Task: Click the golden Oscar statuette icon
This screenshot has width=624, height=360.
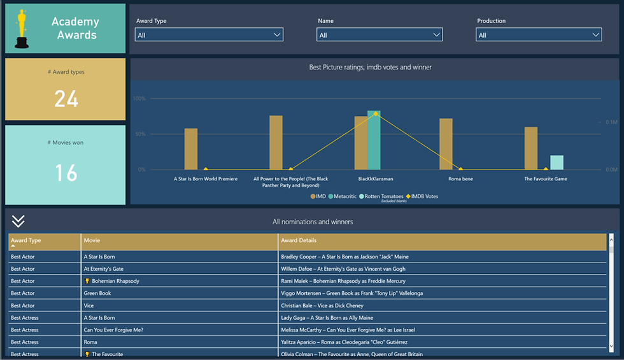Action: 22,29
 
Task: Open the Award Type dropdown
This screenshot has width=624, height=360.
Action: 209,35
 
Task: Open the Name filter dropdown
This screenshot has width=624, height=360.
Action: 379,35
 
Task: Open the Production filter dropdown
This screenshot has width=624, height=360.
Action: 538,35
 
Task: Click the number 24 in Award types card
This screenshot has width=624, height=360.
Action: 66,99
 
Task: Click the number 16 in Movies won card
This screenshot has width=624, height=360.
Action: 66,173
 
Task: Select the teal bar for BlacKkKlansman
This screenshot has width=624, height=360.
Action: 374,140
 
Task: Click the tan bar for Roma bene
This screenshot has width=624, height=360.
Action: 446,144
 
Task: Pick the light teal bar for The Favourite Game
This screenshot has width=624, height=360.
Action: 557,162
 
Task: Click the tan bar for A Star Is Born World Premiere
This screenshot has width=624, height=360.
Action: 191,149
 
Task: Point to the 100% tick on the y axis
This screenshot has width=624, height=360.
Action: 139,99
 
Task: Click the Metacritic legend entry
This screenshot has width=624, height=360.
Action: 343,196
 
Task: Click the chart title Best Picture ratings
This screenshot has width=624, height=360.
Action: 370,67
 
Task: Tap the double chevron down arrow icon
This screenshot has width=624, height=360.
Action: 18,221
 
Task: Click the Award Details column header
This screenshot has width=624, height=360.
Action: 299,241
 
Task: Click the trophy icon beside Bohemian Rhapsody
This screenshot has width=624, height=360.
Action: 87,281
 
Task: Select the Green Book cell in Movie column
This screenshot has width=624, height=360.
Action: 97,293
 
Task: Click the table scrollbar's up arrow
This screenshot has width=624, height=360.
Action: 611,238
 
